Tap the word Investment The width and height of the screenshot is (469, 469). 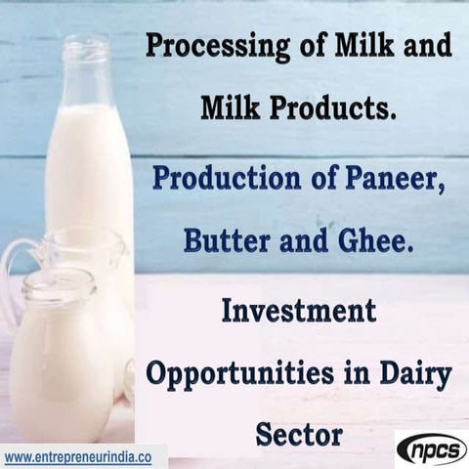(299, 312)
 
